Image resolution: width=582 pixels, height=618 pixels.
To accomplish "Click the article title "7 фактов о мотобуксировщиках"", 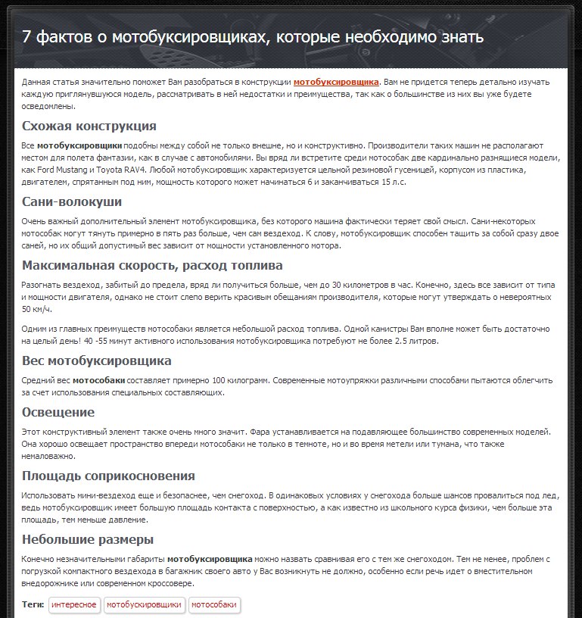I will point(253,37).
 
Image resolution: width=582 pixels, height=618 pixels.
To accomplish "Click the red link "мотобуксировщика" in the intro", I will point(336,82).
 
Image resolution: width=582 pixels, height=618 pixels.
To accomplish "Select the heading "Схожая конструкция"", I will point(89,126).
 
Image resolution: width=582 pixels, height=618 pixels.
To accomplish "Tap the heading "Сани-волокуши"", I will point(72,201).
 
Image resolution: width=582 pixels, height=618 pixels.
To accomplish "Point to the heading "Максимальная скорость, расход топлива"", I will point(152,265).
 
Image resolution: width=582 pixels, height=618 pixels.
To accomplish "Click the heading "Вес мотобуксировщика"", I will point(97,360).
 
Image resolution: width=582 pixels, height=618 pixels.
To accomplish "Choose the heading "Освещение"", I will point(58,412).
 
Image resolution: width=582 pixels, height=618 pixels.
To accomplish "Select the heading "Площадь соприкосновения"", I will point(108,476).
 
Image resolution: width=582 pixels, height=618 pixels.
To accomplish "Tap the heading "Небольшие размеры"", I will point(88,539).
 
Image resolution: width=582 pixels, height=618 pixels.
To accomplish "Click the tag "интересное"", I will point(74,604).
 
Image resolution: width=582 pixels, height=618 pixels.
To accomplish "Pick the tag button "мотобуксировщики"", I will point(144,604).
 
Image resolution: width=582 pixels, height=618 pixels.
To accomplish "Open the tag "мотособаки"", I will point(214,604).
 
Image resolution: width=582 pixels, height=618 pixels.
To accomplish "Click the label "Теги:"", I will point(33,604).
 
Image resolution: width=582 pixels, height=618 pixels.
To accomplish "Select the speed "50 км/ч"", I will point(36,309).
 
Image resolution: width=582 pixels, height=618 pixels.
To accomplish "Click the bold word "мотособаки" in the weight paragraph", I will point(98,380).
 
